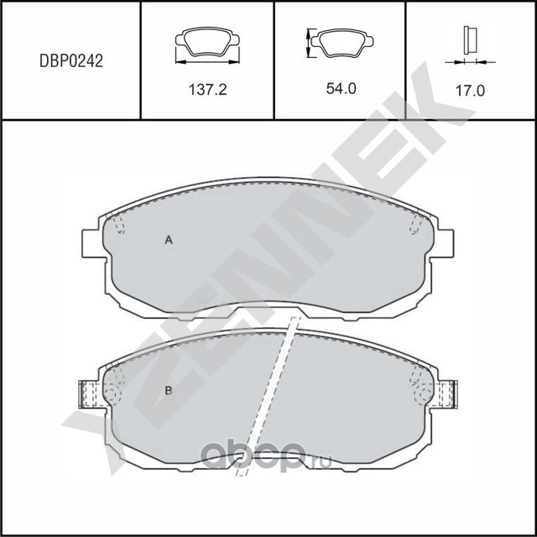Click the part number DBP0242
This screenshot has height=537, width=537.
click(x=71, y=61)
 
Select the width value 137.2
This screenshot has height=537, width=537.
click(x=206, y=88)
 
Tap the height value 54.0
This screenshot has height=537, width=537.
click(x=341, y=88)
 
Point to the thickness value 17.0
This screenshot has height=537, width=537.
click(x=470, y=89)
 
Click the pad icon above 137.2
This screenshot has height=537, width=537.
click(x=207, y=43)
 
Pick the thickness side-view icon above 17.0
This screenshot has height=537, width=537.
click(x=470, y=40)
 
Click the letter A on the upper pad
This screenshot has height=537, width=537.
click(x=168, y=241)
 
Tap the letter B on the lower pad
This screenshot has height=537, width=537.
click(x=168, y=390)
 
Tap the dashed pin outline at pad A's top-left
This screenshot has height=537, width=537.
click(x=119, y=223)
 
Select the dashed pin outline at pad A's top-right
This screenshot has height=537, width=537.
click(x=414, y=223)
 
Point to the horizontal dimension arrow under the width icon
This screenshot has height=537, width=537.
click(x=207, y=61)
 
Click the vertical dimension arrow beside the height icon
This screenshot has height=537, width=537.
click(x=310, y=43)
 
